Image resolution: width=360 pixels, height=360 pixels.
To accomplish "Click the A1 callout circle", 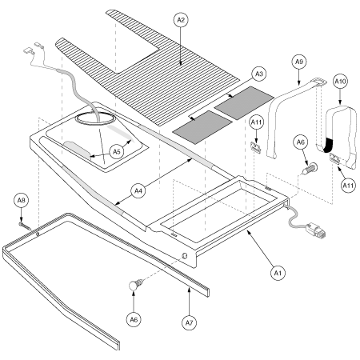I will click(278, 273).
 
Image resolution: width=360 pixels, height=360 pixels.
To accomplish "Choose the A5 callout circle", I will click(116, 149).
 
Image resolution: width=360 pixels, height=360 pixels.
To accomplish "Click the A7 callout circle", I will click(190, 302).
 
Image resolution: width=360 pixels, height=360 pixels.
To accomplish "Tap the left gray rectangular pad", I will click(194, 127).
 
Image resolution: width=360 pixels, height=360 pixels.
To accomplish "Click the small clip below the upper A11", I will click(258, 147).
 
